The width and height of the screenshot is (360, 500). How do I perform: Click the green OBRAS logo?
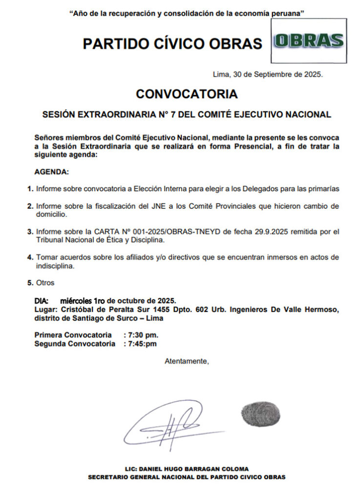click(308, 41)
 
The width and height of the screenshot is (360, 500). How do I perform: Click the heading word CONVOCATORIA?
click(187, 94)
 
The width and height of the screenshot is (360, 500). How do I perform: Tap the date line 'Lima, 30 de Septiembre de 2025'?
click(268, 74)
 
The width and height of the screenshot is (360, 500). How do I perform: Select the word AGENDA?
click(52, 172)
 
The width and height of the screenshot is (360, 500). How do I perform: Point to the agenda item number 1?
click(30, 188)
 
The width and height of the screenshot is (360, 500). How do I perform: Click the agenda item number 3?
click(30, 231)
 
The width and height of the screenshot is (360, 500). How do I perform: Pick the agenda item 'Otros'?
click(45, 283)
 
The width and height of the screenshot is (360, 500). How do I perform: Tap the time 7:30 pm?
click(143, 335)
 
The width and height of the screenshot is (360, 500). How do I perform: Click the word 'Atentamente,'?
click(187, 361)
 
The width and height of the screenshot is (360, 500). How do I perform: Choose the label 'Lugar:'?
click(47, 310)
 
